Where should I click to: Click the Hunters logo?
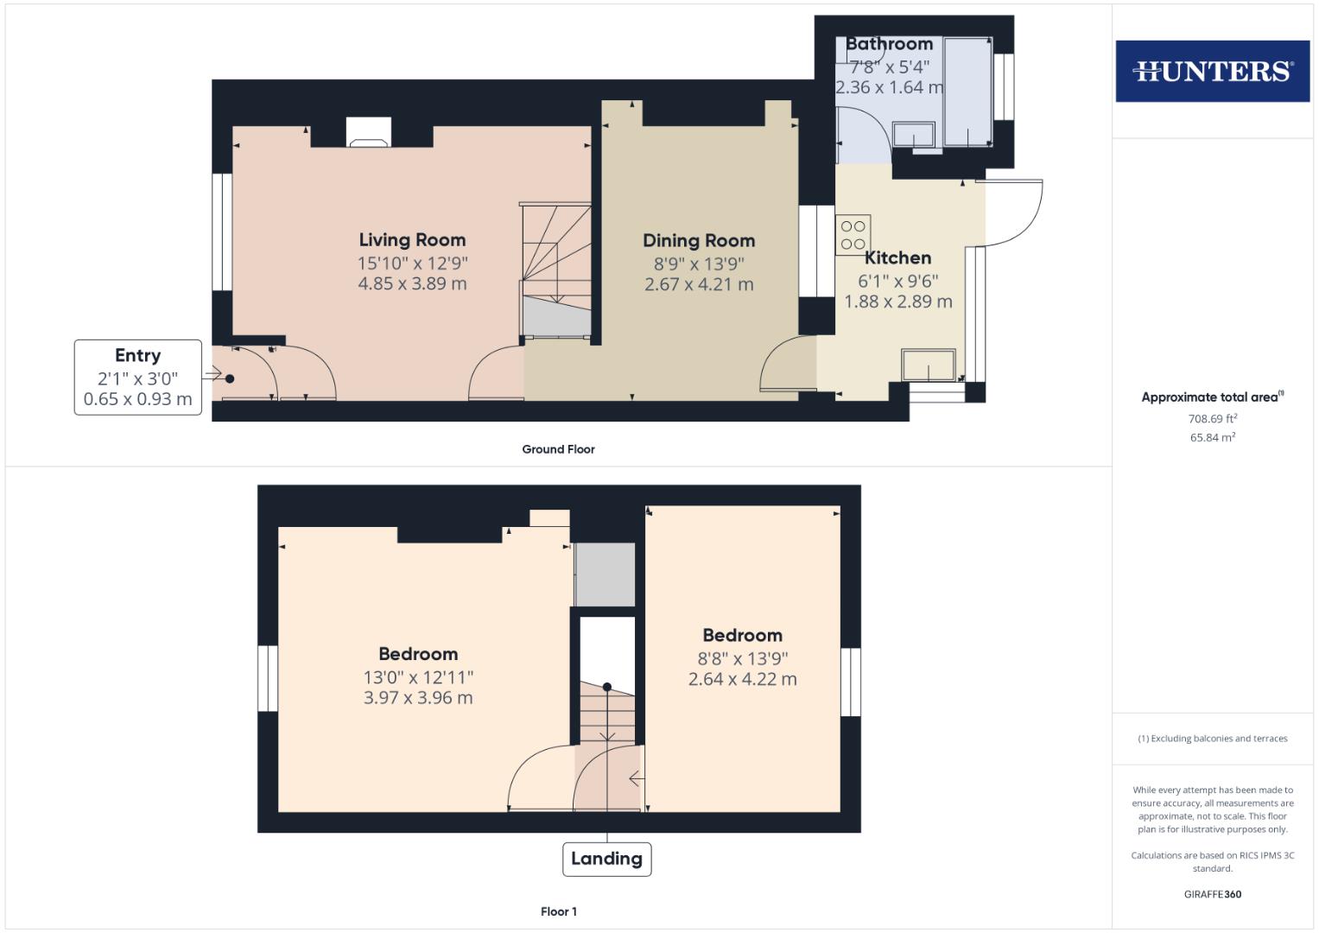(1212, 71)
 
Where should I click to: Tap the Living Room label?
(412, 240)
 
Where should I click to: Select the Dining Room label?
(698, 241)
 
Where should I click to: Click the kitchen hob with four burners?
(853, 235)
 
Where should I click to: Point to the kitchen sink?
(929, 365)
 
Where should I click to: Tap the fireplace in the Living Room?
(368, 133)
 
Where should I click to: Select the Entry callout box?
(137, 378)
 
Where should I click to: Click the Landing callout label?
(606, 859)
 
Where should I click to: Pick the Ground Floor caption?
(558, 449)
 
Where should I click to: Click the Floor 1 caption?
(558, 911)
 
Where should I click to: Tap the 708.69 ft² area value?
(1212, 419)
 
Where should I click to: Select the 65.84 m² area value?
(1212, 437)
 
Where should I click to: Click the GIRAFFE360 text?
(1212, 894)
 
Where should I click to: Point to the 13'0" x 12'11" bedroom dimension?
(418, 677)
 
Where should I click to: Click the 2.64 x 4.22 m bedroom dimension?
(742, 679)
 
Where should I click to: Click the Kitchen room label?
(897, 257)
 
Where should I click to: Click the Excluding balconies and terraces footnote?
(1212, 739)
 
